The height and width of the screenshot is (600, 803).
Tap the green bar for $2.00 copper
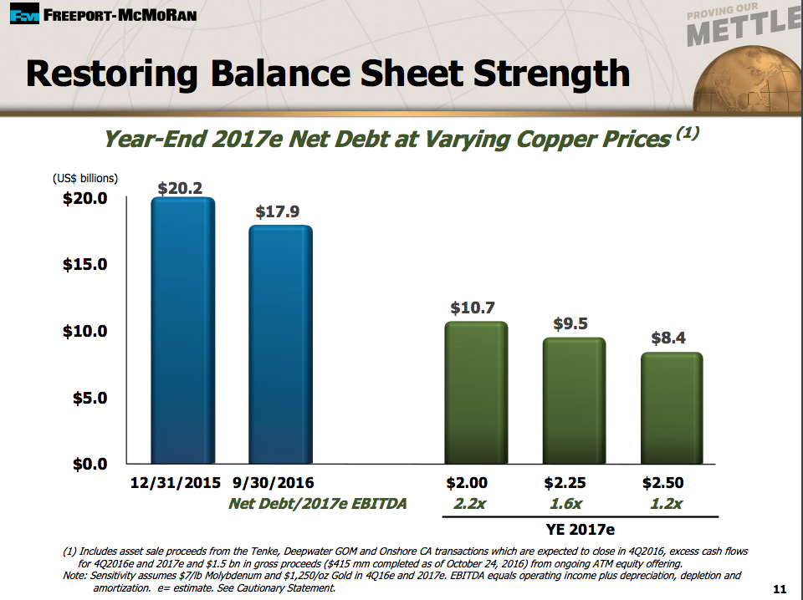pos(476,393)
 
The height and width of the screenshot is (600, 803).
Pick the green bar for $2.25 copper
pos(573,401)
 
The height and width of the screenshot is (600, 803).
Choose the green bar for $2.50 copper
pos(671,408)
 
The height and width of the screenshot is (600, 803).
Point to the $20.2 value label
pos(180,188)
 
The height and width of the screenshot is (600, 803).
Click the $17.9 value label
pos(277,211)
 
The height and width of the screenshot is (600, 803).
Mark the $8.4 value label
pos(668,338)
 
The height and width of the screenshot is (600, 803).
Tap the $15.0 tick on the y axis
pos(85,265)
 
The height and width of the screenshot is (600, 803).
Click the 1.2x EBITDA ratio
pos(666,504)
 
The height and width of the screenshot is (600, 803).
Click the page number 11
pos(780,589)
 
